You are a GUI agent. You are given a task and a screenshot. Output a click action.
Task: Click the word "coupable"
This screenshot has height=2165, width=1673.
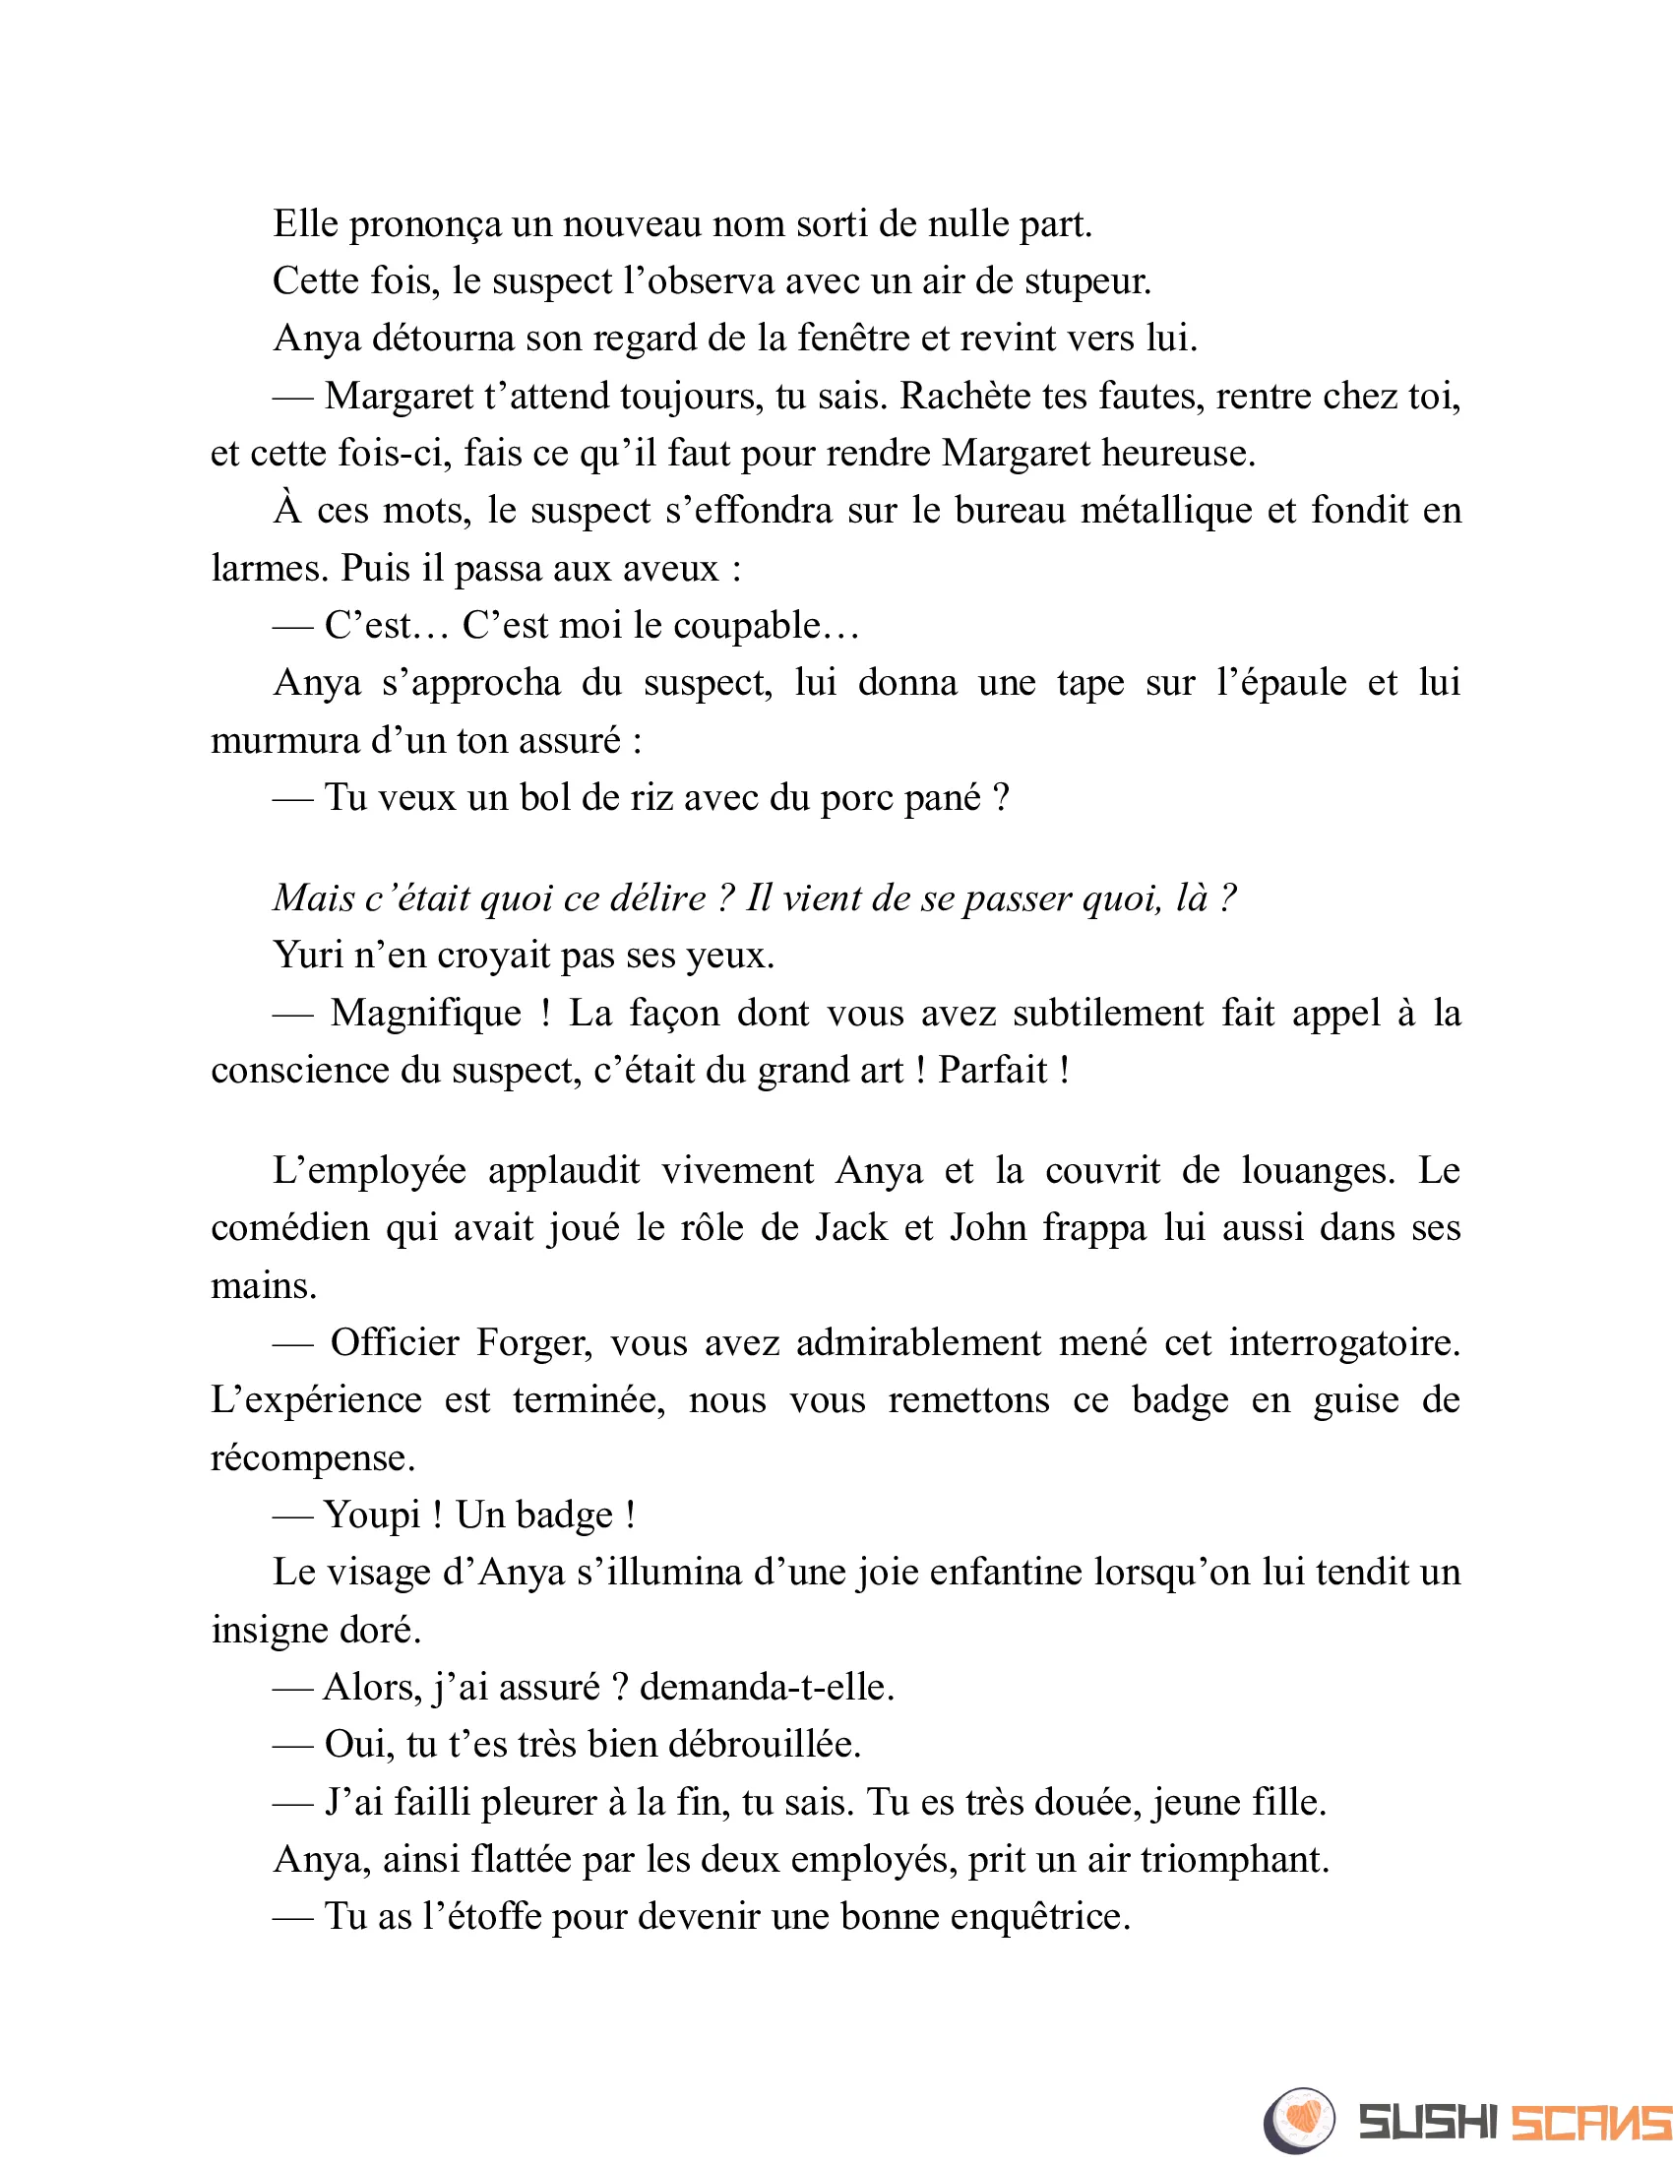tap(758, 626)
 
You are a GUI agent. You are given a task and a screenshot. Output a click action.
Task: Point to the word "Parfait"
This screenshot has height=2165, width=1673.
tap(993, 1071)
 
